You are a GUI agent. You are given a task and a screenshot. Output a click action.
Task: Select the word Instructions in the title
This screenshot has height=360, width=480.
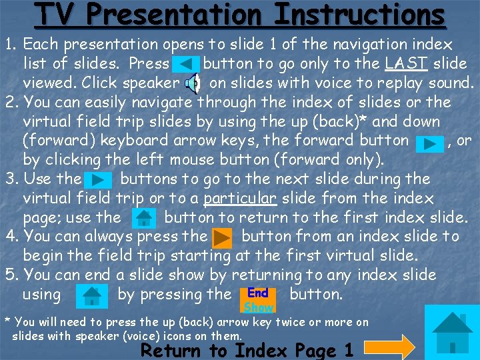360,15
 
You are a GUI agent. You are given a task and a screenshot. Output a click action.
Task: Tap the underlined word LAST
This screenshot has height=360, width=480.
407,64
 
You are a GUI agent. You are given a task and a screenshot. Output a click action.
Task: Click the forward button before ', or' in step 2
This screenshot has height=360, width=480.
429,142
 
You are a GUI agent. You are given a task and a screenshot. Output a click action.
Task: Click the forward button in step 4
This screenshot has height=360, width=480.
222,237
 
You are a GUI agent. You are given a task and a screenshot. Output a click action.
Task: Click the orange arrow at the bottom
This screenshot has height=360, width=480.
390,347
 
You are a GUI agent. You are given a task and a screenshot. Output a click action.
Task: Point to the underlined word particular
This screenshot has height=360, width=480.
239,199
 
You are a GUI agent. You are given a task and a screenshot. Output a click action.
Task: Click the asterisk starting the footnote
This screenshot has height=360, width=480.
7,320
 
